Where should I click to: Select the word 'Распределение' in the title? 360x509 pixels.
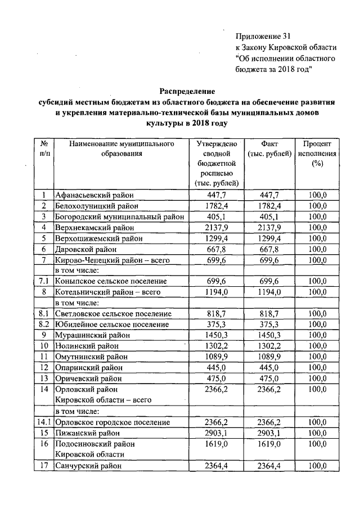point(186,91)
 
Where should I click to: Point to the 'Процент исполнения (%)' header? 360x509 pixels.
point(318,154)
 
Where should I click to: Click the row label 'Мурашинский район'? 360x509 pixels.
point(89,335)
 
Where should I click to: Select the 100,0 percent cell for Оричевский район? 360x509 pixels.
point(318,377)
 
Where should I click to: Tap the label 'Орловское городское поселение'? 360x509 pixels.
point(113,422)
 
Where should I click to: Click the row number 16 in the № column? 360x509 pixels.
point(43,444)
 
